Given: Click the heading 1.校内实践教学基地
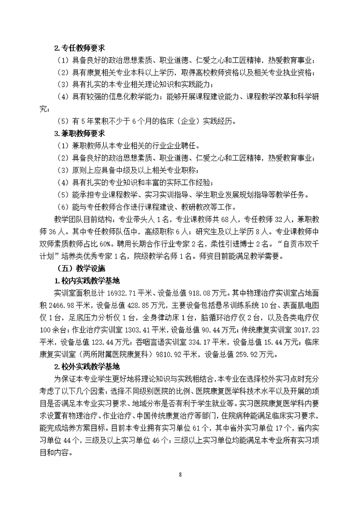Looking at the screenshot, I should [87, 281].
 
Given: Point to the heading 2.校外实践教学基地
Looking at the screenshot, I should [87, 366].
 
